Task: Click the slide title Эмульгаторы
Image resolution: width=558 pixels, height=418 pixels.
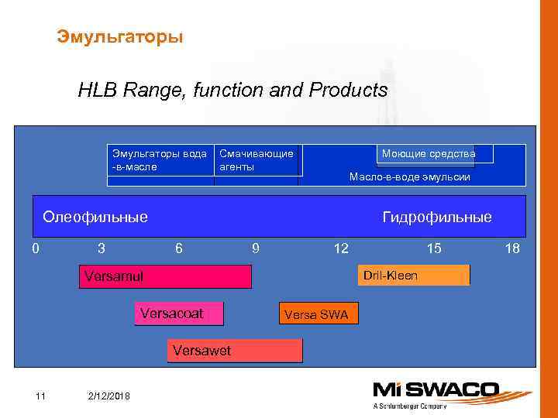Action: pyautogui.click(x=120, y=36)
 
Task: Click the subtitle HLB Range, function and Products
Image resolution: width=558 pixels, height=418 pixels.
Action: pyautogui.click(x=232, y=91)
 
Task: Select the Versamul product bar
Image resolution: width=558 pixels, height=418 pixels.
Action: pyautogui.click(x=165, y=276)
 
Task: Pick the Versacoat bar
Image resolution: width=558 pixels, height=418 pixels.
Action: pyautogui.click(x=179, y=313)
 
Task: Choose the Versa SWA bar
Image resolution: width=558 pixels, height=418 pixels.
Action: pyautogui.click(x=317, y=313)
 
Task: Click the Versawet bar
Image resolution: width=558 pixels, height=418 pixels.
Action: pyautogui.click(x=234, y=351)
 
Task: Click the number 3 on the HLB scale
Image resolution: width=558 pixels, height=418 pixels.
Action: pyautogui.click(x=102, y=248)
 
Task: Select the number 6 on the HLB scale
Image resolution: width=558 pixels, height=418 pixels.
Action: pyautogui.click(x=179, y=248)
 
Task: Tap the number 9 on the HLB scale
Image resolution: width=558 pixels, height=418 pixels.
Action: pyautogui.click(x=256, y=248)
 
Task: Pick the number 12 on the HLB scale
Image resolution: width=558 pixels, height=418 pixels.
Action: pyautogui.click(x=340, y=248)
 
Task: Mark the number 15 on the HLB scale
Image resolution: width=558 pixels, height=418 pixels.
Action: pyautogui.click(x=434, y=248)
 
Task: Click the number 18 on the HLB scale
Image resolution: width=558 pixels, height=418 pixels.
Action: pyautogui.click(x=511, y=248)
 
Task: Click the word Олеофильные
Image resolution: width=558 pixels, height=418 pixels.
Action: pyautogui.click(x=95, y=217)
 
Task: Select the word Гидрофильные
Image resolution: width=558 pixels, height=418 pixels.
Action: pyautogui.click(x=437, y=218)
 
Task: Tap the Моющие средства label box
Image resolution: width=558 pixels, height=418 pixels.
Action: pyautogui.click(x=429, y=154)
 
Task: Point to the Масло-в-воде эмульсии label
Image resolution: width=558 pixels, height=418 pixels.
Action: pyautogui.click(x=410, y=177)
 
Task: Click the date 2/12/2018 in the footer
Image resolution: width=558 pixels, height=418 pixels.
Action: pyautogui.click(x=110, y=396)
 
